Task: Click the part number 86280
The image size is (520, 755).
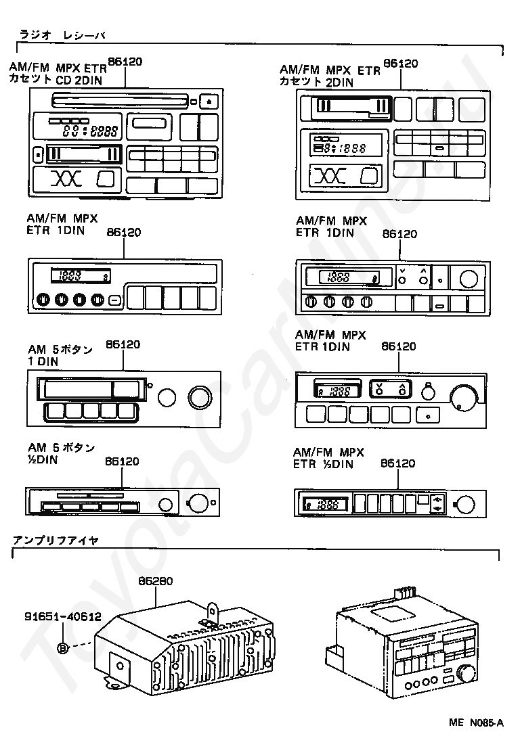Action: click(x=155, y=580)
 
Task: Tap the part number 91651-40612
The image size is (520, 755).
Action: click(x=63, y=616)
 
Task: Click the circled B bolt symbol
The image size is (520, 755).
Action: click(x=63, y=648)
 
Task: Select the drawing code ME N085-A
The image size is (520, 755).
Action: click(x=476, y=723)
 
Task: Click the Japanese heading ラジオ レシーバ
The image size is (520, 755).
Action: click(x=62, y=35)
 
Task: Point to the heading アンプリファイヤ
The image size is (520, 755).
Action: click(x=56, y=541)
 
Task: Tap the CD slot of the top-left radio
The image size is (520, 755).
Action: click(x=119, y=101)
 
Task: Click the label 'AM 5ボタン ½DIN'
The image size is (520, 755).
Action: click(x=61, y=453)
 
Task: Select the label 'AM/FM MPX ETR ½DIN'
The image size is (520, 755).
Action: click(x=328, y=458)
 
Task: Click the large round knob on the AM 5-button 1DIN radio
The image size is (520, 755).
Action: click(x=200, y=398)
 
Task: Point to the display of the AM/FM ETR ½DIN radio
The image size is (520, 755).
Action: click(x=325, y=505)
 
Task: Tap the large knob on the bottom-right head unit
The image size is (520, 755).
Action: click(x=467, y=673)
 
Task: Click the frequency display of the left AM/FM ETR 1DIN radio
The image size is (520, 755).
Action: click(x=81, y=276)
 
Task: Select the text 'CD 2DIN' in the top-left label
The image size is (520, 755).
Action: click(x=79, y=80)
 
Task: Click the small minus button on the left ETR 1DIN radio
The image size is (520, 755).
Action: click(x=114, y=300)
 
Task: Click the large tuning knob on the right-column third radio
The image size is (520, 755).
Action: click(x=464, y=397)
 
